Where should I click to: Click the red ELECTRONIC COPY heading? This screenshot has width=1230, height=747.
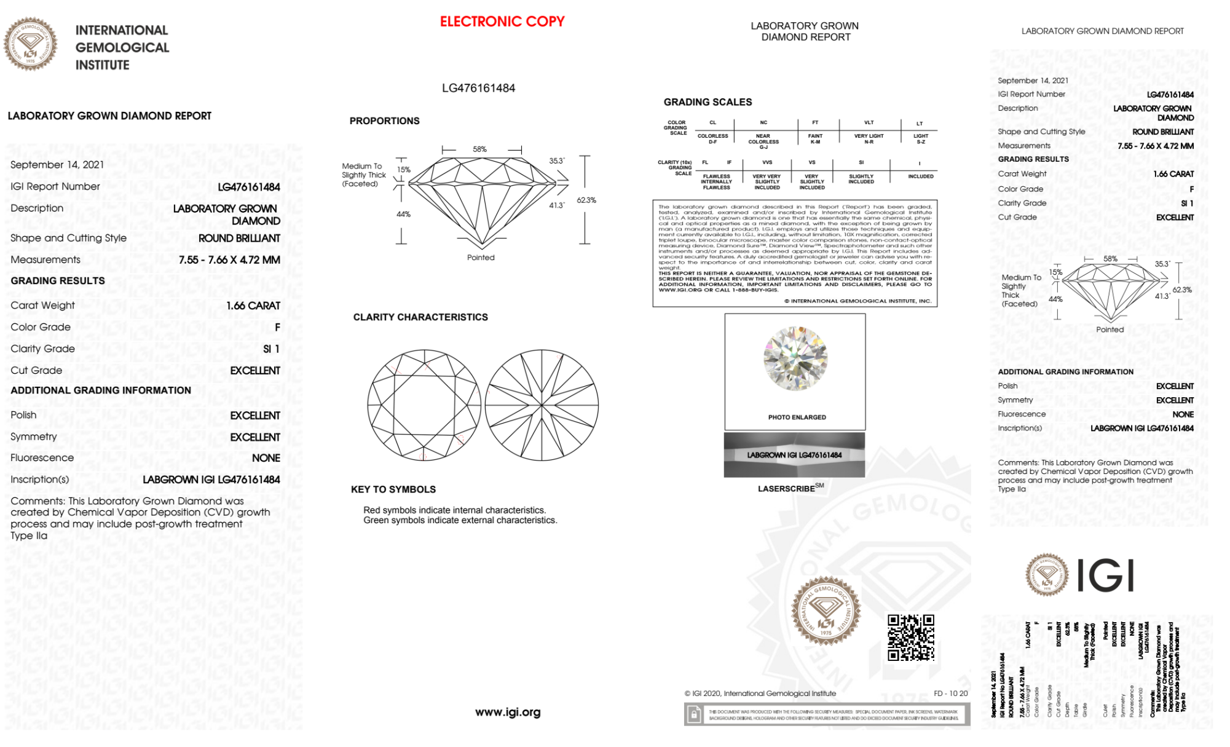click(502, 22)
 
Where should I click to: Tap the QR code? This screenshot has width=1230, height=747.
click(910, 638)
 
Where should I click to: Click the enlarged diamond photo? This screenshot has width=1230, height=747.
click(795, 359)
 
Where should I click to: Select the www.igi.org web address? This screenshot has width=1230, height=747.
click(508, 712)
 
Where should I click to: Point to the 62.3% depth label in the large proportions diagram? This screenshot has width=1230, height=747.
click(586, 200)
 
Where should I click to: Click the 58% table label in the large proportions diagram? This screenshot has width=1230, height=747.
click(479, 149)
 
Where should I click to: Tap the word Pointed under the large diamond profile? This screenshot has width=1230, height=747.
click(481, 258)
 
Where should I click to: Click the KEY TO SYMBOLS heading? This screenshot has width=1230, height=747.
click(393, 489)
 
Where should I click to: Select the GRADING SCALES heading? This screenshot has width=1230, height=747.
click(708, 102)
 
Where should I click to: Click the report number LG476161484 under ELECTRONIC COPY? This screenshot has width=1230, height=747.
click(478, 88)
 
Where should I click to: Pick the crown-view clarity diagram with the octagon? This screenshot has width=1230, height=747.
click(424, 405)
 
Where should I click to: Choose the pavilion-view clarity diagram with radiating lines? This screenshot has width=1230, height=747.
click(542, 405)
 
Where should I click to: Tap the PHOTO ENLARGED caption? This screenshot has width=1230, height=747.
click(797, 417)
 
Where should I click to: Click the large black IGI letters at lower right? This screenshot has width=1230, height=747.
click(1106, 576)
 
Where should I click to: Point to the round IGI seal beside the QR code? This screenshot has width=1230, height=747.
click(826, 611)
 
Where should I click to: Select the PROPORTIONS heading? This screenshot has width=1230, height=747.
click(384, 121)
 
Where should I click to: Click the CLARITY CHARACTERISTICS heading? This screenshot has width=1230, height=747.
click(420, 317)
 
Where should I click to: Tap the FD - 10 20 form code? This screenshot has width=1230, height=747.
click(950, 694)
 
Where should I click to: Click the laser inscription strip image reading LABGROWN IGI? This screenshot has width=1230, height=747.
click(794, 455)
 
